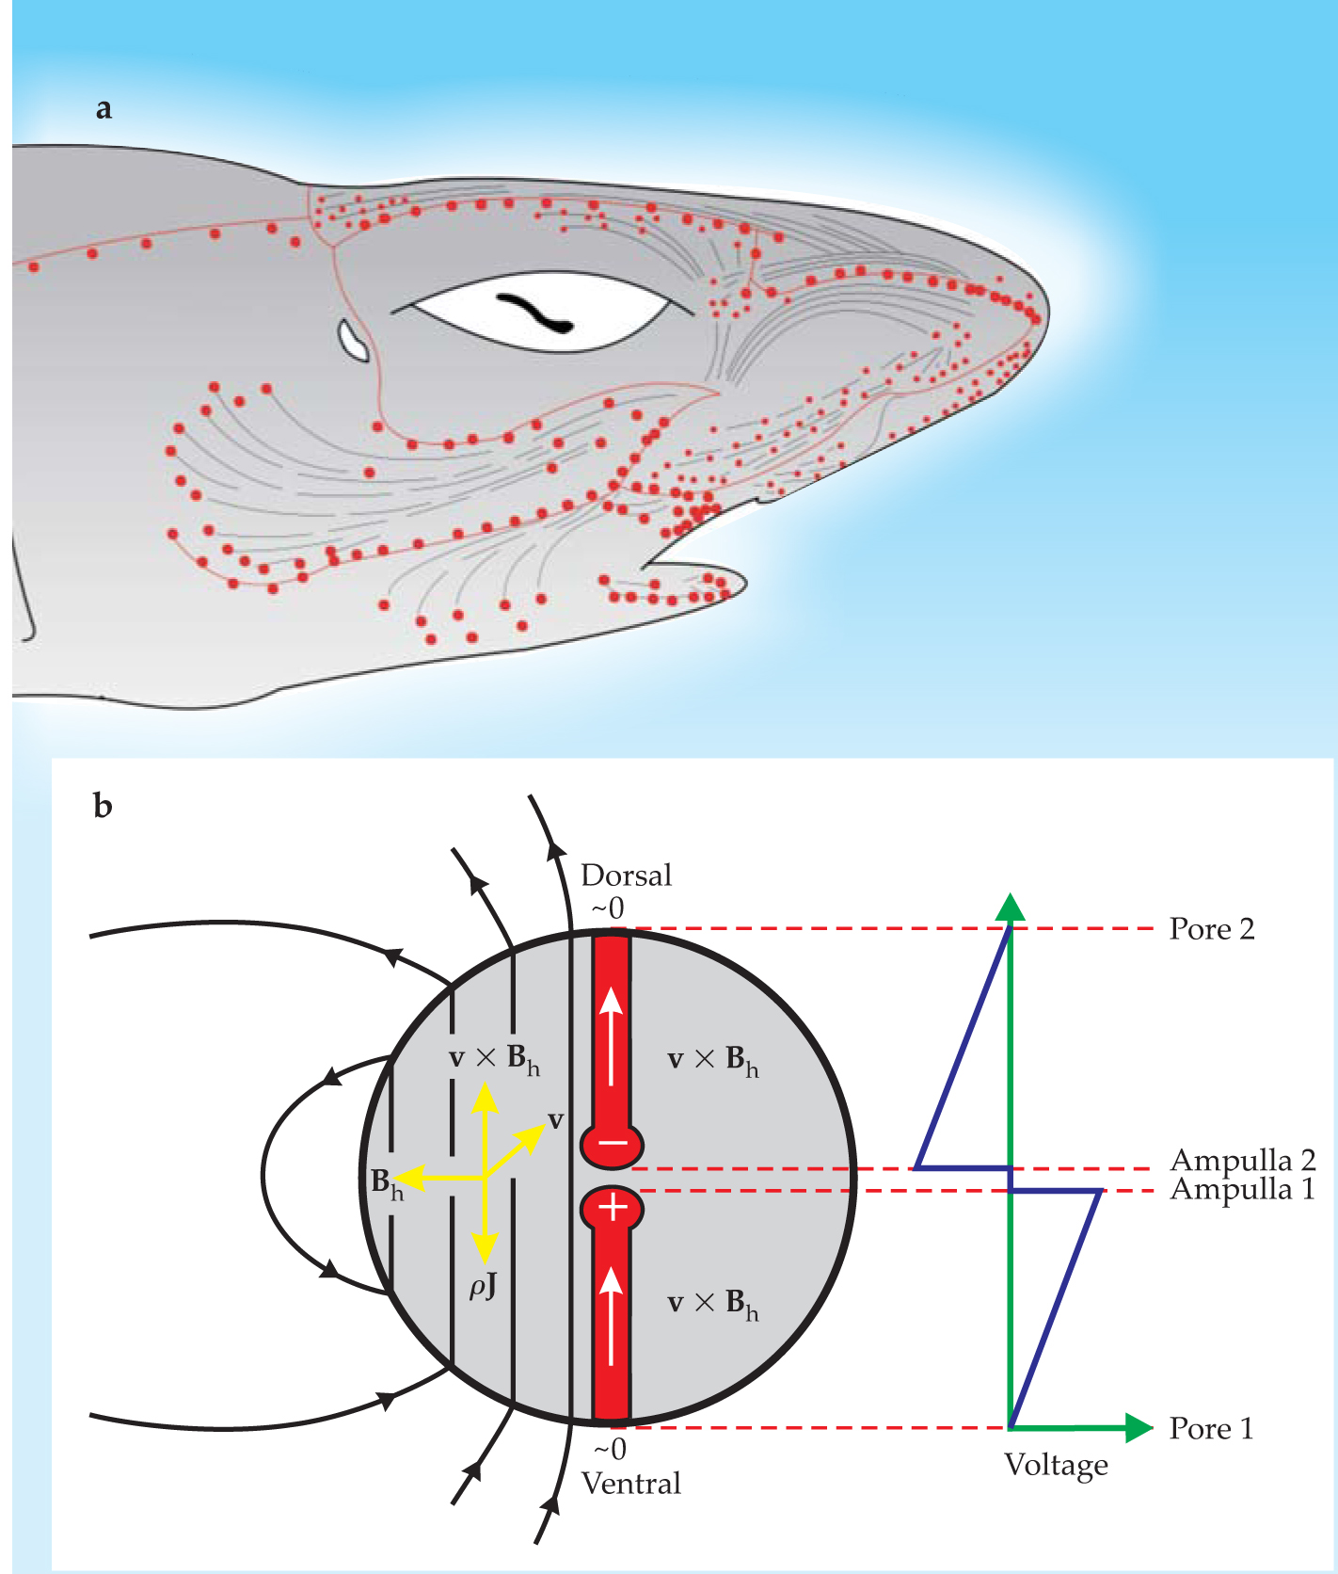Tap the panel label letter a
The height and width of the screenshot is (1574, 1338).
104,108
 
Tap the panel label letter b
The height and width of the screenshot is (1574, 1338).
104,807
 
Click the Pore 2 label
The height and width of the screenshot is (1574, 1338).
1212,929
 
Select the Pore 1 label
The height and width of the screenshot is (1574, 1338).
1211,1429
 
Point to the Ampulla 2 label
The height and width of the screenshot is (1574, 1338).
1242,1160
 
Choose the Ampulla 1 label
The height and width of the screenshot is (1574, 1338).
1242,1190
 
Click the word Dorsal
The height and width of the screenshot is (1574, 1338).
627,875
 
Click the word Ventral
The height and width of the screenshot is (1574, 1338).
630,1485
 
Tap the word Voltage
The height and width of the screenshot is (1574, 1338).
1056,1465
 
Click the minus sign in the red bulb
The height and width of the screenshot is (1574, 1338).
613,1144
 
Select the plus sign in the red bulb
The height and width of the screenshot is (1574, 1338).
613,1207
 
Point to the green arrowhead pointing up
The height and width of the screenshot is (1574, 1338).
1011,907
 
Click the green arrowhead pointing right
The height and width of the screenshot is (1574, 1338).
1139,1428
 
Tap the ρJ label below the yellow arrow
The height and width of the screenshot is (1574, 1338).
483,1286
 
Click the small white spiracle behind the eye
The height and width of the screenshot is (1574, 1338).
354,340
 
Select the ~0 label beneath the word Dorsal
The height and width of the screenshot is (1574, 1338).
607,908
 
